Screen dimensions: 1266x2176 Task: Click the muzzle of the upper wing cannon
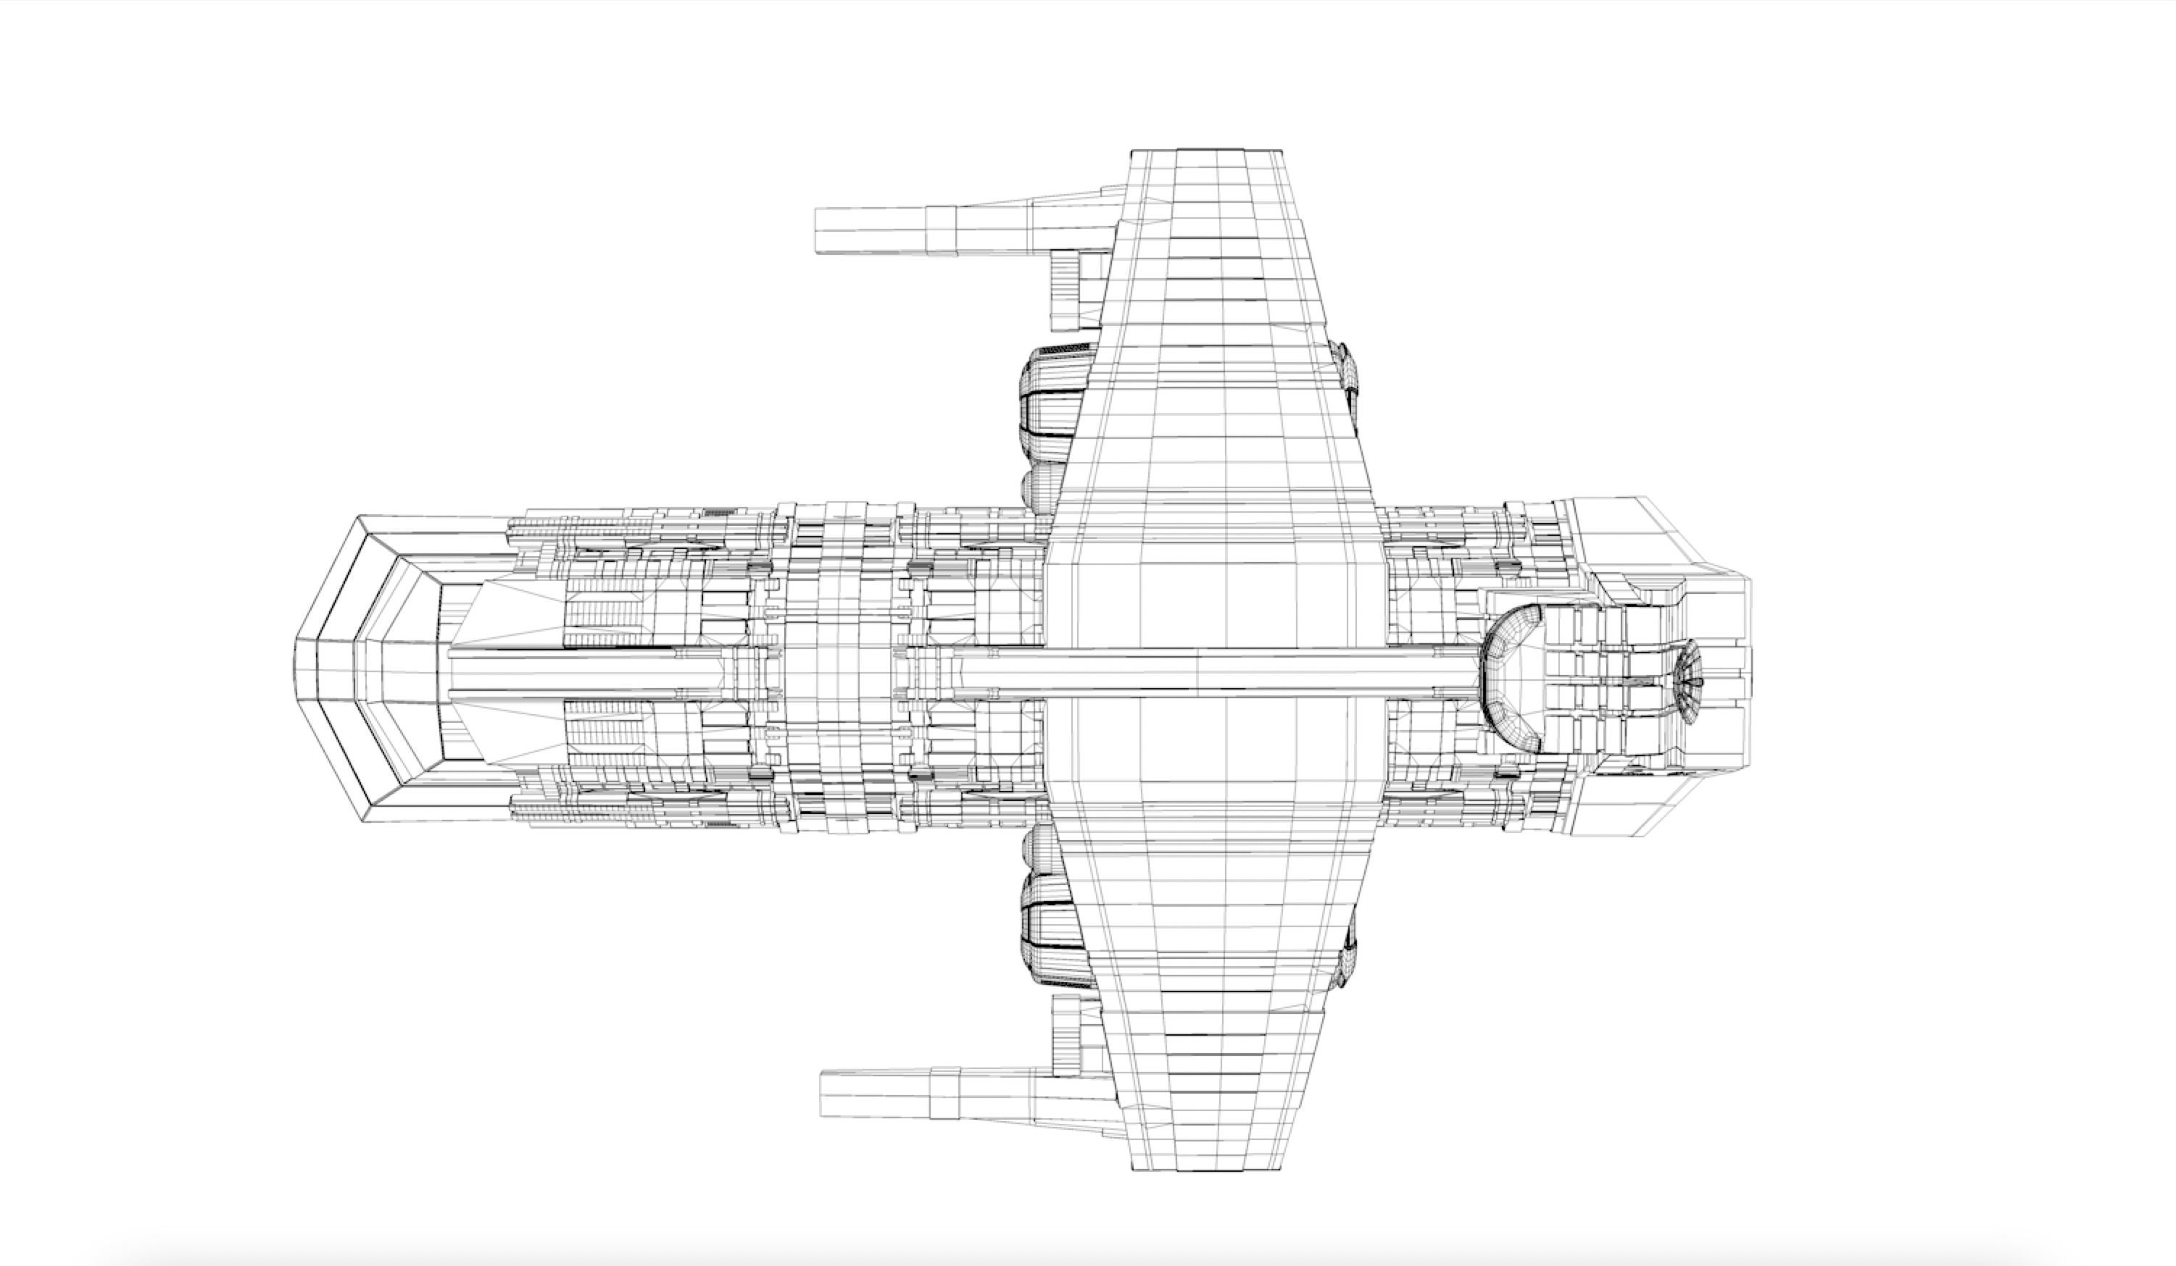point(821,230)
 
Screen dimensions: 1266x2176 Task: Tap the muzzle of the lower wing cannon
point(825,1094)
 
